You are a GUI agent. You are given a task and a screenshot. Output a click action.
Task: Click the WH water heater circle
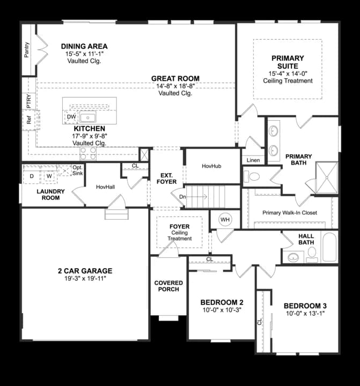tap(225, 220)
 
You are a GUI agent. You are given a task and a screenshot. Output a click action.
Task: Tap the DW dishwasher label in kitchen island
tap(71, 117)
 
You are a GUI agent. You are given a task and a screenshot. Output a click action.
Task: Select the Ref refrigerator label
tap(29, 120)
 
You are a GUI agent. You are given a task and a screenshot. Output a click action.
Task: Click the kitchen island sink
tap(87, 117)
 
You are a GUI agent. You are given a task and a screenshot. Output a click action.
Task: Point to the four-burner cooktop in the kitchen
tap(88, 153)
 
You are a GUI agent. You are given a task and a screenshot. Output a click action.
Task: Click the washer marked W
tap(49, 176)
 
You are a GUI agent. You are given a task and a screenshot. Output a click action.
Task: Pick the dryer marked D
tap(32, 176)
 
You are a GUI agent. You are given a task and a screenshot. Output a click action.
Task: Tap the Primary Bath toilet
tap(252, 176)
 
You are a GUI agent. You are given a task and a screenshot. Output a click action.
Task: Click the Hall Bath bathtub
tap(329, 247)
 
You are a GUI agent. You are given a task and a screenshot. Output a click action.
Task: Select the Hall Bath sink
tap(293, 257)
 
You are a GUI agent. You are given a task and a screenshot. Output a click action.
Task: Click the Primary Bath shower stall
tap(327, 177)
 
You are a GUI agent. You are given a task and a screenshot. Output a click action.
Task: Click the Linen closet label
tap(253, 160)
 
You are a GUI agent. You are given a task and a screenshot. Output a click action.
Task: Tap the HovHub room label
tap(211, 166)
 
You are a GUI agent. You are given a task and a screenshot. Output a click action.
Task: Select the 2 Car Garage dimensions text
tap(85, 278)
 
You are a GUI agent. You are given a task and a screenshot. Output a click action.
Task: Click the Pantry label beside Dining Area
tap(27, 50)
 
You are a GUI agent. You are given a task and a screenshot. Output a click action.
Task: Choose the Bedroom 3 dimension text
tap(305, 314)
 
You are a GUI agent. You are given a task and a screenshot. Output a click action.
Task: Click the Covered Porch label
tap(168, 286)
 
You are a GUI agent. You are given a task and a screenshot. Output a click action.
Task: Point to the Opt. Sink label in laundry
tap(78, 170)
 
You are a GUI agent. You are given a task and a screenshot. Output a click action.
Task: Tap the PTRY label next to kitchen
tap(29, 101)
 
